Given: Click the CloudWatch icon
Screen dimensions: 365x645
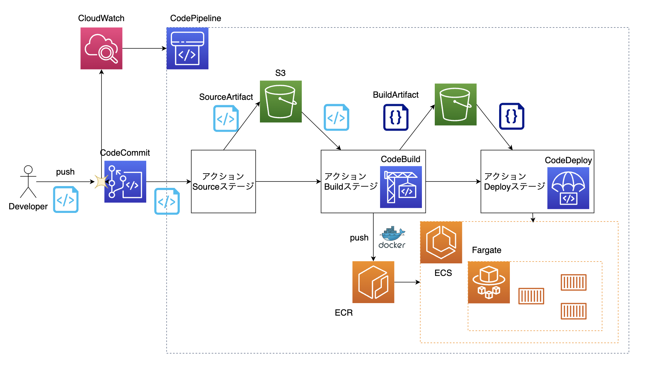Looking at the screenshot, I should [x=101, y=48].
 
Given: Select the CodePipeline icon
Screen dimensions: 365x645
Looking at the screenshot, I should [x=187, y=48].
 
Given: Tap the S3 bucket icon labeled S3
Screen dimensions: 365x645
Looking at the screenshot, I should [x=281, y=102].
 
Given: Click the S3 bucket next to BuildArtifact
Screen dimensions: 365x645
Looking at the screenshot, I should [x=456, y=104].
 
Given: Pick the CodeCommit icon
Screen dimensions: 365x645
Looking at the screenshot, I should [x=125, y=181].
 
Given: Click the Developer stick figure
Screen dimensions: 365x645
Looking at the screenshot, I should [x=28, y=181].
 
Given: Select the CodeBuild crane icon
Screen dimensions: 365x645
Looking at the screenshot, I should [x=401, y=187].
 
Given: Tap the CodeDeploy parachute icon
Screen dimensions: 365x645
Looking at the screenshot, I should [x=568, y=188].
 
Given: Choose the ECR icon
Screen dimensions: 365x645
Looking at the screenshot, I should [x=373, y=282].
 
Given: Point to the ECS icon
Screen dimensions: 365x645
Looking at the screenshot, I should [x=441, y=242].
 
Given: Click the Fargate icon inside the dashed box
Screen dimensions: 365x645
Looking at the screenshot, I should [x=489, y=282].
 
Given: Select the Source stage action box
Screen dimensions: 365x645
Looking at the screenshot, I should [x=223, y=181].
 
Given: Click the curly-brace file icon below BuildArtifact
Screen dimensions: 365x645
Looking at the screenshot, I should [x=396, y=117].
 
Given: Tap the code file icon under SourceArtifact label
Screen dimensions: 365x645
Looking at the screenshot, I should [x=226, y=118].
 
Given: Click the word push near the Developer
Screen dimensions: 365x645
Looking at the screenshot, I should [x=65, y=172].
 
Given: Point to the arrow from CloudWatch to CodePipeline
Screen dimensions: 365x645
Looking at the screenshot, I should [x=144, y=48].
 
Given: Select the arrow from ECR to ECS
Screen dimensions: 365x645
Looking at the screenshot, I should [x=407, y=282].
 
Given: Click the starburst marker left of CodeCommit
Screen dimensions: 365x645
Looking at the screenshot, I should [x=101, y=181].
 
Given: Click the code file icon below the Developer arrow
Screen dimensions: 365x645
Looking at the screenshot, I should [x=66, y=200].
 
